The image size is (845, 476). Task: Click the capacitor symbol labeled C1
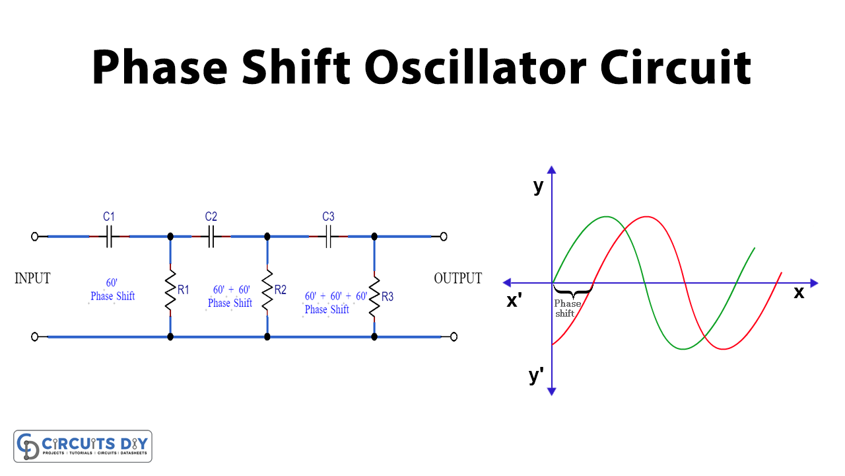point(109,236)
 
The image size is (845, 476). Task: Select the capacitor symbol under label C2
point(211,236)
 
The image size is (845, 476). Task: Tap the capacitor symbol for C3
point(328,236)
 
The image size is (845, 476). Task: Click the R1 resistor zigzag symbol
point(170,288)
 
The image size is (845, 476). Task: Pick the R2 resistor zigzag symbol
point(267,288)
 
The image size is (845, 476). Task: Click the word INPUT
point(32,278)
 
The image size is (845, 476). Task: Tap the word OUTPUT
point(457,278)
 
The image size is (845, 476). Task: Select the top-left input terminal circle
point(35,236)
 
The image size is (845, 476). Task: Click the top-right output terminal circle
point(444,236)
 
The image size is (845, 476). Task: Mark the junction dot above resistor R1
point(170,236)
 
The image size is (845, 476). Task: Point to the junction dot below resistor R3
point(374,337)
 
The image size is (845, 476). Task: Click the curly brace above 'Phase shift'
point(572,291)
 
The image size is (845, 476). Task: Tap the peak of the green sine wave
point(606,217)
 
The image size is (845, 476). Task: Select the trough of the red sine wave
point(724,348)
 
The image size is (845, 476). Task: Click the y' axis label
point(536,376)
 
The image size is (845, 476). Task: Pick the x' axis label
point(515,300)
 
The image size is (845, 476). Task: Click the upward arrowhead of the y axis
point(552,170)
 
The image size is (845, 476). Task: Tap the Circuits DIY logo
point(83,446)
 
